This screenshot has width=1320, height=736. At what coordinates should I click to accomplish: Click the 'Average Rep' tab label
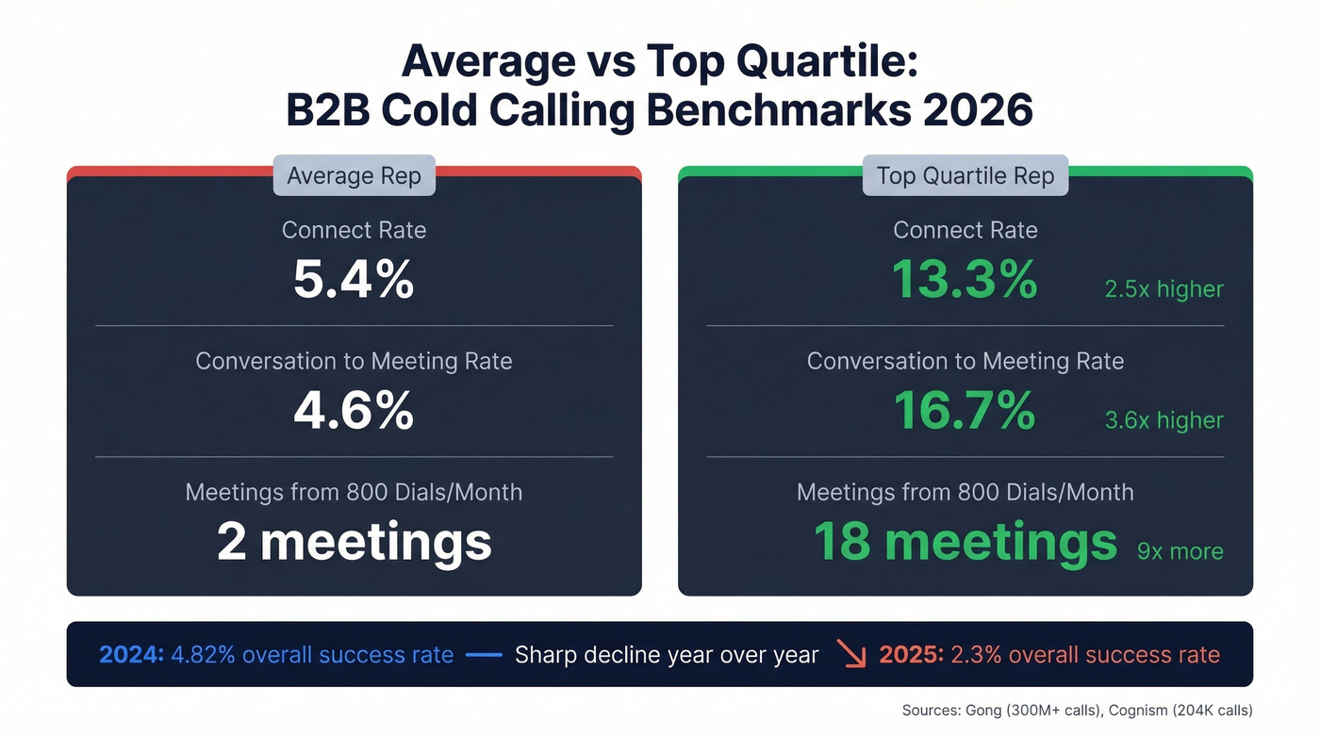[x=354, y=176]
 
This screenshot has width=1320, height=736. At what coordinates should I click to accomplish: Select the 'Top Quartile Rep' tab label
[x=965, y=176]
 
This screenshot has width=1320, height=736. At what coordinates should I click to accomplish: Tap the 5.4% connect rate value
[x=354, y=279]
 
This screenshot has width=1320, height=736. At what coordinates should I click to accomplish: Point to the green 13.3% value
[x=965, y=279]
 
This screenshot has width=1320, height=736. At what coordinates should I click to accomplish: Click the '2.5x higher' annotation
[x=1163, y=289]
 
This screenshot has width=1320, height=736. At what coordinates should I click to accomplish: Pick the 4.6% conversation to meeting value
[x=354, y=411]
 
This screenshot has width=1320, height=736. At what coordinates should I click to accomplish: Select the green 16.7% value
[x=965, y=411]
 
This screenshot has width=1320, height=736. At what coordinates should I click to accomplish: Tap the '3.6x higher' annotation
[x=1163, y=420]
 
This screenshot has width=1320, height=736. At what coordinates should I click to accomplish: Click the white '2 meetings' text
[x=354, y=542]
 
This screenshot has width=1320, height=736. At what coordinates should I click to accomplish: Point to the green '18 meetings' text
[x=965, y=542]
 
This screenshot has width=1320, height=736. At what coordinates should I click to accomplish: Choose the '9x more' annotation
[x=1180, y=551]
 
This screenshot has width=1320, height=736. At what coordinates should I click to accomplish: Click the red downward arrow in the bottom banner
[x=852, y=655]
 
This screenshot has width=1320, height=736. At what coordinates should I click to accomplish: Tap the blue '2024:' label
[x=131, y=655]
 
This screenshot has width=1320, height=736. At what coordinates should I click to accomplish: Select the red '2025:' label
[x=911, y=655]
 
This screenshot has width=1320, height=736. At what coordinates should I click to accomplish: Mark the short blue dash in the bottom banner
[x=484, y=655]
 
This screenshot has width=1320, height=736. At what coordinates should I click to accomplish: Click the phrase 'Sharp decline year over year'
[x=667, y=655]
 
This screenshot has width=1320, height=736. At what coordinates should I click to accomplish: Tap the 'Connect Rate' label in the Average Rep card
[x=354, y=230]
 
